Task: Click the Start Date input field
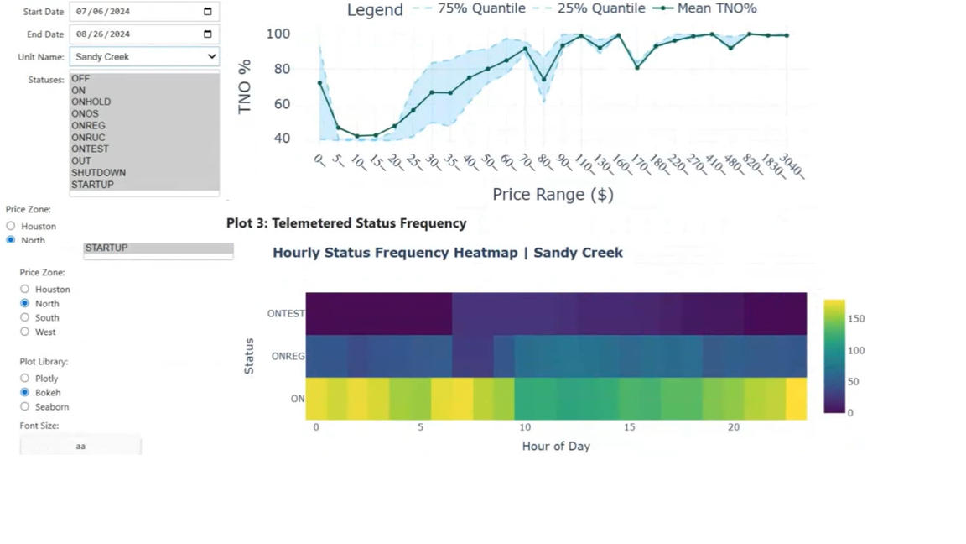134,12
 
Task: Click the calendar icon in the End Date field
208,34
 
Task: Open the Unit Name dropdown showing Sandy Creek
144,57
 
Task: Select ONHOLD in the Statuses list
91,102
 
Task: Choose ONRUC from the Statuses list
88,138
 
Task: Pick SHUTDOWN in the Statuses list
98,173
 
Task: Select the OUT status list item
81,161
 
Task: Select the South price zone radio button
25,318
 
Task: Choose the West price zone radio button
25,332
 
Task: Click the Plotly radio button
25,379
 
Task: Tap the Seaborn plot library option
25,407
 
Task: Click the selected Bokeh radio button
25,393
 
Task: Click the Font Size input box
80,446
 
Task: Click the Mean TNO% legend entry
713,8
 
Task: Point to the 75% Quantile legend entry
478,8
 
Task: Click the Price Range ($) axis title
553,195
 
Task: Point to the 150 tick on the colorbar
856,319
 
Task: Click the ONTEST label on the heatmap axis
286,314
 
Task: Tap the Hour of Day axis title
556,447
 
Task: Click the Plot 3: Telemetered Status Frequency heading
346,223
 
